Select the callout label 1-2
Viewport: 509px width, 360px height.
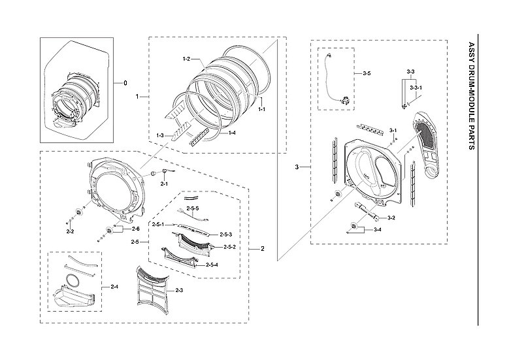pos(186,59)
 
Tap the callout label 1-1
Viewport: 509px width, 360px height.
pos(261,109)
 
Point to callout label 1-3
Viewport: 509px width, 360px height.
pos(159,135)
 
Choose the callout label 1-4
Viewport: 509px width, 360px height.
pos(232,133)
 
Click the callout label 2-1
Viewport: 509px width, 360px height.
pos(165,184)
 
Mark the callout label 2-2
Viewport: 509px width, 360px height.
pos(70,231)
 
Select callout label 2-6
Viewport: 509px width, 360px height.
pos(135,229)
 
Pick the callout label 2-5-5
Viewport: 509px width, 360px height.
pos(192,208)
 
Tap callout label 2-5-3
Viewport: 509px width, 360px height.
pos(226,234)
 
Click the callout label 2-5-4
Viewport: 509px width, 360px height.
pos(212,264)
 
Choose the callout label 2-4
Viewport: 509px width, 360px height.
pos(114,286)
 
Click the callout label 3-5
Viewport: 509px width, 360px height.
pos(367,74)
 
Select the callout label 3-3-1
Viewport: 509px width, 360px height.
pos(416,87)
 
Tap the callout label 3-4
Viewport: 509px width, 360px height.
pos(378,230)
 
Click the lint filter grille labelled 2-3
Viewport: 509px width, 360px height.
pos(151,290)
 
